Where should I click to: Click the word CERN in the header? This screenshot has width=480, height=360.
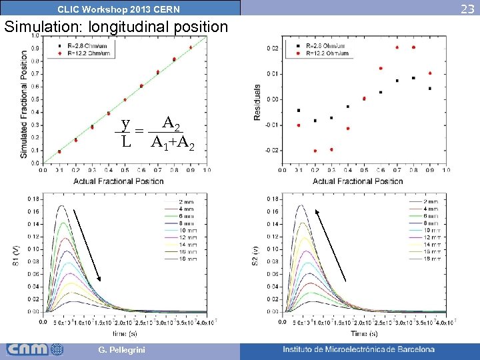(x=165, y=9)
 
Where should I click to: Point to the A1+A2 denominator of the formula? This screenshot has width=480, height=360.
(x=173, y=142)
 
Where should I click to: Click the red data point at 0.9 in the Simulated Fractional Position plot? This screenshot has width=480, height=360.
(x=191, y=47)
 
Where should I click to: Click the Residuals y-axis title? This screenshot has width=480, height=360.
(x=257, y=102)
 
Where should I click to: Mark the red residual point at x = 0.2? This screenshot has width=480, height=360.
(x=315, y=151)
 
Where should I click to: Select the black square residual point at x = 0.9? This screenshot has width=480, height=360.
(x=430, y=88)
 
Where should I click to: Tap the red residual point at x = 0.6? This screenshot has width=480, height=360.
(x=381, y=68)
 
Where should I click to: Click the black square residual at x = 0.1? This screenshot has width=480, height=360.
(x=298, y=110)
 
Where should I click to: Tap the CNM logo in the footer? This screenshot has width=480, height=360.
(x=35, y=349)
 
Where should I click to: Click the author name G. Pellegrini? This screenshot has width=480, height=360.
(x=119, y=350)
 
